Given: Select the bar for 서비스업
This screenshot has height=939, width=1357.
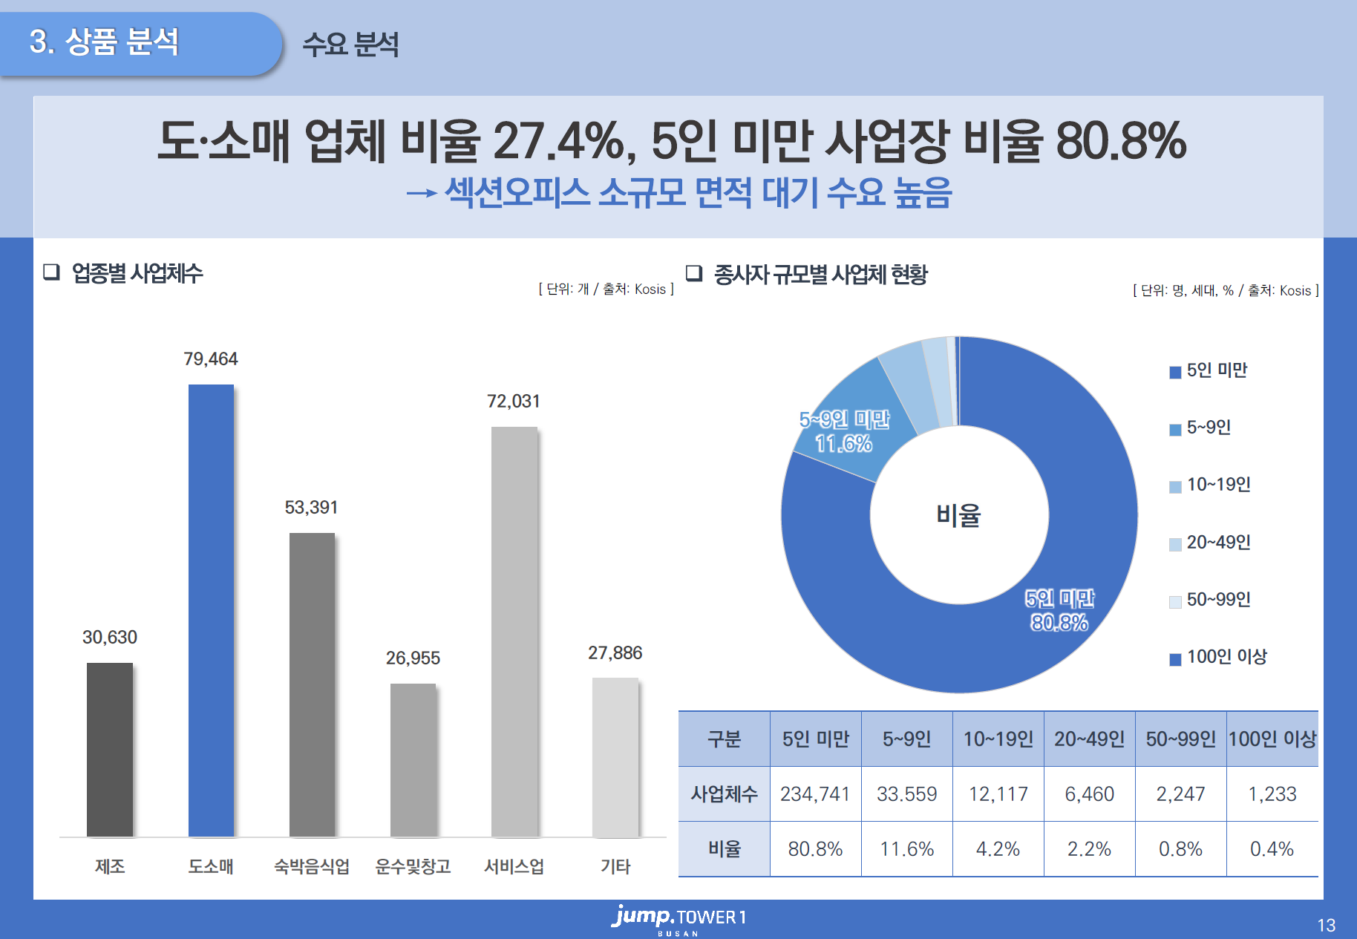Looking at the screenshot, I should (514, 631).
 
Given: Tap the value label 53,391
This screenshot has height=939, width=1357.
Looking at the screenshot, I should (311, 508).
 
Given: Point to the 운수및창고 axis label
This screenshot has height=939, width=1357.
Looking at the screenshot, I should (413, 866).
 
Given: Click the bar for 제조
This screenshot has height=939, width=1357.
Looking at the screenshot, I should (110, 750).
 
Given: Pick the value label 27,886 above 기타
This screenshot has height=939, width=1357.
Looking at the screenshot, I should (615, 653).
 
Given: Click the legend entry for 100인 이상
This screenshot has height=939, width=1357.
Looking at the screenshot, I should (1218, 658).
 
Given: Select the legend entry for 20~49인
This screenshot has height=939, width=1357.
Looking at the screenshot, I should (1210, 543).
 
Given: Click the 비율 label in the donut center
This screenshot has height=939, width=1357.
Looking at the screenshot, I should (958, 515).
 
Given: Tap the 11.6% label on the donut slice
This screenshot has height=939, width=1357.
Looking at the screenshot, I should (843, 444).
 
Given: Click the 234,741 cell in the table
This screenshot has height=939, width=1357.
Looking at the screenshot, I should (815, 794).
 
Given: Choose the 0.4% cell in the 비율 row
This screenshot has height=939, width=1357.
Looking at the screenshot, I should (1272, 849).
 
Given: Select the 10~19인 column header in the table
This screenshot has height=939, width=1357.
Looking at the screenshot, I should (998, 739).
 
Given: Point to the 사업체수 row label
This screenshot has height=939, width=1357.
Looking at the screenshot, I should (724, 794).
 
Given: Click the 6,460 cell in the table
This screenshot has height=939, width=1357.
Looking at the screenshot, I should (1089, 794).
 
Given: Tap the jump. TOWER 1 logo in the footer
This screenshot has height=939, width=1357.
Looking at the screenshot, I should (678, 919).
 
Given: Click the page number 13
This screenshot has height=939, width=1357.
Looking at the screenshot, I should (1326, 926).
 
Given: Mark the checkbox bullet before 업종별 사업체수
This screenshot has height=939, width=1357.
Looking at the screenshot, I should (51, 272).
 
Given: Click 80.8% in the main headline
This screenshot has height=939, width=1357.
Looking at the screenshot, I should (1121, 141).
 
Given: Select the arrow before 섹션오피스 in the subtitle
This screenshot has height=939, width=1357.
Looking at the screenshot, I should (421, 194).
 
